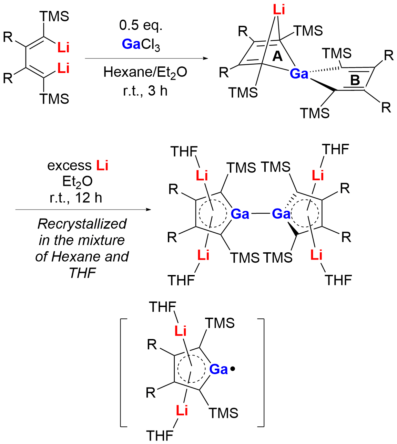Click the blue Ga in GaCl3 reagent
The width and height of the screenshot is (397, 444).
[x=131, y=44]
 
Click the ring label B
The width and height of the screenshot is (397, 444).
[x=355, y=80]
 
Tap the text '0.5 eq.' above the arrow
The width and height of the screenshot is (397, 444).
[x=141, y=26]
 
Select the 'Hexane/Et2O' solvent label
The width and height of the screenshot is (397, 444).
[x=145, y=72]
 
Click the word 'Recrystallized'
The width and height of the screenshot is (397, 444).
[x=82, y=224]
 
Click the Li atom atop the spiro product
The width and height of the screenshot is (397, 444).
[x=279, y=10]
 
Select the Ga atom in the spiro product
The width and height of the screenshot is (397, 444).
[x=299, y=73]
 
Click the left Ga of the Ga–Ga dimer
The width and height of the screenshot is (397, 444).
[x=240, y=214]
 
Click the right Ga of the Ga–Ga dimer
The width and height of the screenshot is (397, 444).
[x=281, y=214]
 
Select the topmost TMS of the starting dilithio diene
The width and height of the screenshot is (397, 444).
[x=54, y=16]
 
